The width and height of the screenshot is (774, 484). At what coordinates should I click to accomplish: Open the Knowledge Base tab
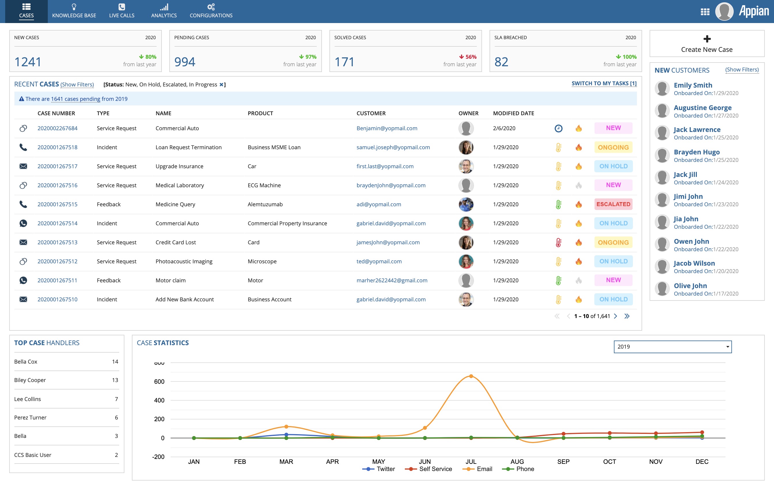point(74,11)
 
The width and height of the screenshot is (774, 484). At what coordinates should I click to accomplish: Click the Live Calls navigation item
point(122,11)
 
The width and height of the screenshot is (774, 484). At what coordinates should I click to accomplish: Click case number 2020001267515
point(57,204)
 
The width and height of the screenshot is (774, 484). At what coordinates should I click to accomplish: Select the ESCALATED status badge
point(613,204)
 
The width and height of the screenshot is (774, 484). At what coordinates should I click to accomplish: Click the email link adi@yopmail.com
point(379,204)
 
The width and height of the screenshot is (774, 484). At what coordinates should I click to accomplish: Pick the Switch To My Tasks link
point(604,84)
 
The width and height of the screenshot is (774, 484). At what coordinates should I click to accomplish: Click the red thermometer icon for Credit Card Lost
point(558,243)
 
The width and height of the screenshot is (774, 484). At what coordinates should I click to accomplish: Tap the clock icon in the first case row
point(558,128)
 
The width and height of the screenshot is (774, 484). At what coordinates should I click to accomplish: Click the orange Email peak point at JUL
point(471,376)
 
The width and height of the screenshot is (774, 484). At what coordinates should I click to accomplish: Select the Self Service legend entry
point(428,469)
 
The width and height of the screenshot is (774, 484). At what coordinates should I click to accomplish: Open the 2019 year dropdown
point(673,347)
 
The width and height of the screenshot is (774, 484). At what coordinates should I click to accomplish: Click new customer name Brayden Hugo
point(697,152)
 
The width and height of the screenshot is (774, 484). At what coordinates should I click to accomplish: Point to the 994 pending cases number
point(185,62)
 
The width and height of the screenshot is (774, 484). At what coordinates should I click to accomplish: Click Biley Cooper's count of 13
point(115,380)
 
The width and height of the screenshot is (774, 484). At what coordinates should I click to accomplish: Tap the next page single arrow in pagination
point(615,316)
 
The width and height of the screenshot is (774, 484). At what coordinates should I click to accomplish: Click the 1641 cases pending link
point(75,99)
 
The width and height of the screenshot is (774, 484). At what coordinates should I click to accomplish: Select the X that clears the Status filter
point(221,85)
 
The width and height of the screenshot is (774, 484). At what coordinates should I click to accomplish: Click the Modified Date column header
point(513,113)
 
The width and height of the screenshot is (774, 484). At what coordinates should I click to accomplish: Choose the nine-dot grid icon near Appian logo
point(705,12)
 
